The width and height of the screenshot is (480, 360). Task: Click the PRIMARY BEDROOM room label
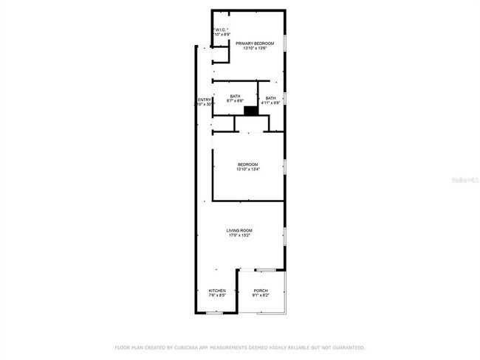(x=255, y=44)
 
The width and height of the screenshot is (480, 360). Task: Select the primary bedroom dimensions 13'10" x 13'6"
(x=255, y=49)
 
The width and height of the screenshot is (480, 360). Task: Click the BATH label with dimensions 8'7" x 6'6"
(x=235, y=96)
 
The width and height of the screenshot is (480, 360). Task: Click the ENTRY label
(x=204, y=100)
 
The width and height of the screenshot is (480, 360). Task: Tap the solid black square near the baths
(x=250, y=111)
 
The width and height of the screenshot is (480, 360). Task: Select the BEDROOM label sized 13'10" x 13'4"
(x=247, y=164)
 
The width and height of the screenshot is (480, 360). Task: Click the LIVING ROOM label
(x=239, y=230)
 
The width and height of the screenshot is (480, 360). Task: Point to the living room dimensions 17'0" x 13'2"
(x=239, y=235)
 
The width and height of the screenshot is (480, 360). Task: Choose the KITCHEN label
(x=217, y=291)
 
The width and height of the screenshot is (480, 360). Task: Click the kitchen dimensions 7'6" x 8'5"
(x=217, y=296)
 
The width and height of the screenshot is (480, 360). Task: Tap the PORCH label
(x=261, y=291)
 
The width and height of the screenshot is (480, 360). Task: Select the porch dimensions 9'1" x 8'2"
(x=261, y=296)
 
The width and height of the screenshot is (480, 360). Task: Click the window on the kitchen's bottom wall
(x=213, y=313)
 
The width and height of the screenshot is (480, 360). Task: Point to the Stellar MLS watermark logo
(x=459, y=180)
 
